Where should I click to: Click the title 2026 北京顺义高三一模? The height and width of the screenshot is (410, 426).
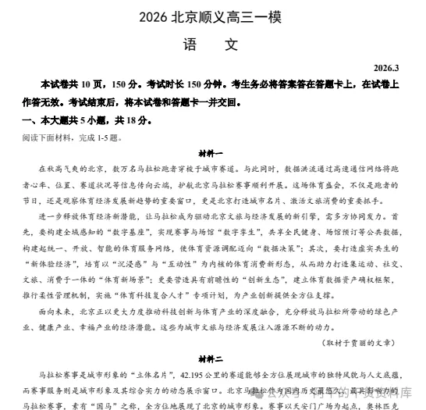[211, 17]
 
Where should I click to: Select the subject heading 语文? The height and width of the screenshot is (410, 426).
[211, 45]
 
